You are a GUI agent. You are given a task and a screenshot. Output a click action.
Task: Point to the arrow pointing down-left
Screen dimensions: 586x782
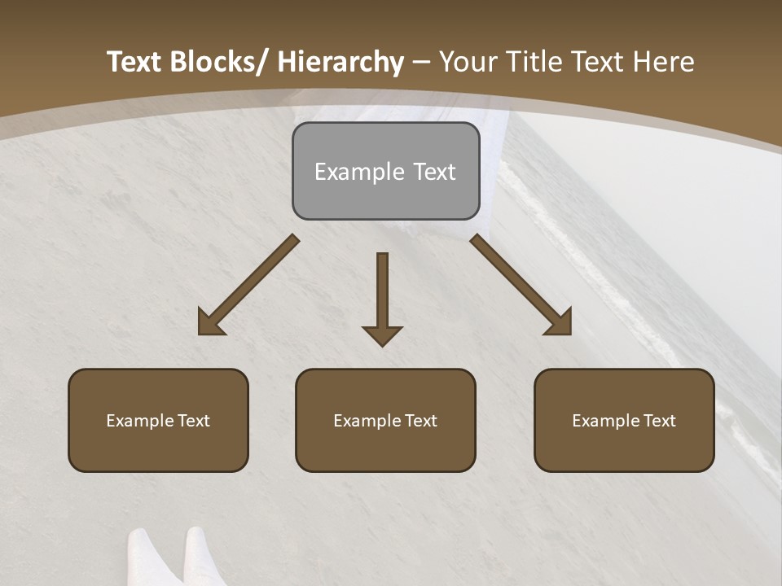pos(248,285)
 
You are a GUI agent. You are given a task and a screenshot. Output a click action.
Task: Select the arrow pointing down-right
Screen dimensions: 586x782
pos(521,285)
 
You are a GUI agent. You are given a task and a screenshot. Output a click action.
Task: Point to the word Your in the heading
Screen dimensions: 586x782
pos(467,63)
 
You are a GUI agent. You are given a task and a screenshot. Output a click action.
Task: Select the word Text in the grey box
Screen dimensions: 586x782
pos(434,172)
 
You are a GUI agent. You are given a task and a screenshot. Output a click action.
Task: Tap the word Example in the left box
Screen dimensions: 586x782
pos(139,421)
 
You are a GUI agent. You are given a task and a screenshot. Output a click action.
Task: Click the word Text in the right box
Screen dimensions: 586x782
pos(659,421)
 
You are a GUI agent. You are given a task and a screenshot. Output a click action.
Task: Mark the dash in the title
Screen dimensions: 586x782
pos(421,63)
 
